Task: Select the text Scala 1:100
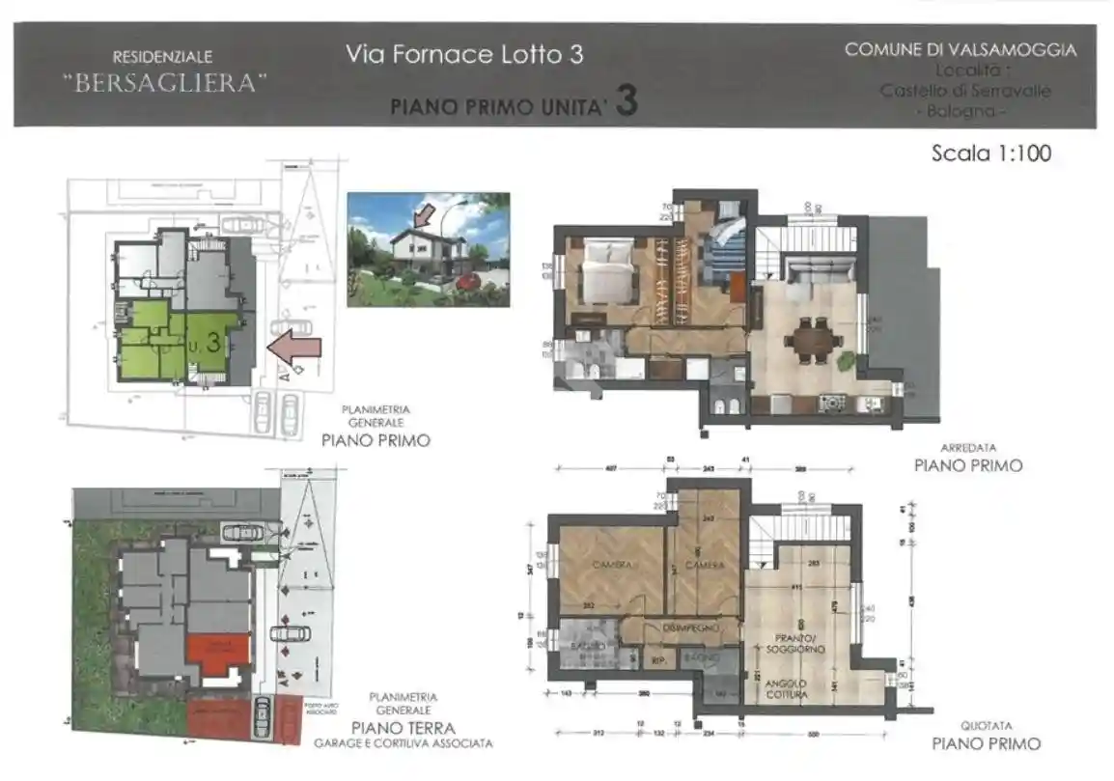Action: (990, 153)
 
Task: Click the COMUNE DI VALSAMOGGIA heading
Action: (961, 50)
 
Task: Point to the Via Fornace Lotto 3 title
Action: (464, 54)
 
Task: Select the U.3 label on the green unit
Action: (206, 343)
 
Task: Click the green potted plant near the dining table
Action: (847, 360)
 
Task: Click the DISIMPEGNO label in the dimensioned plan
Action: (686, 628)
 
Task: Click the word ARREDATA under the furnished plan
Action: (968, 448)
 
